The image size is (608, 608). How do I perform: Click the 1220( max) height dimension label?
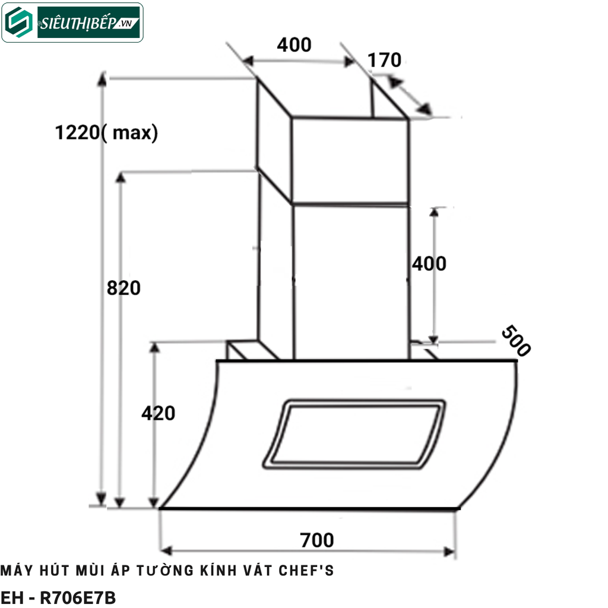point(107,132)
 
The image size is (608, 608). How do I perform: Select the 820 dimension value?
point(123,287)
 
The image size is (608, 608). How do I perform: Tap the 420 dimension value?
point(158,413)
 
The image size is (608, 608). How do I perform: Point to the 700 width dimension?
point(317,540)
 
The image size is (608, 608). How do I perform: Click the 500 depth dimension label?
point(515,341)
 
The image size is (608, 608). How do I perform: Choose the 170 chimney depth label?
point(384,60)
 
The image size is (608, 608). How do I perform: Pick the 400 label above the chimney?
point(294,45)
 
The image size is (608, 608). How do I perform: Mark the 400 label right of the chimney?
point(429,263)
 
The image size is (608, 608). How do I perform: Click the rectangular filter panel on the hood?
point(354,433)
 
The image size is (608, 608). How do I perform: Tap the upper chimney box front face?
point(349,159)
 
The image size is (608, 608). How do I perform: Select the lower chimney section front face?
point(350,282)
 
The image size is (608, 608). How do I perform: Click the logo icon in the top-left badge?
point(20,23)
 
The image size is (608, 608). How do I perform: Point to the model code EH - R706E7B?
point(58,598)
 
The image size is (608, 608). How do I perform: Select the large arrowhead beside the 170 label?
point(423,109)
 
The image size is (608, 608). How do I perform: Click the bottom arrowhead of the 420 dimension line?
point(154,502)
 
